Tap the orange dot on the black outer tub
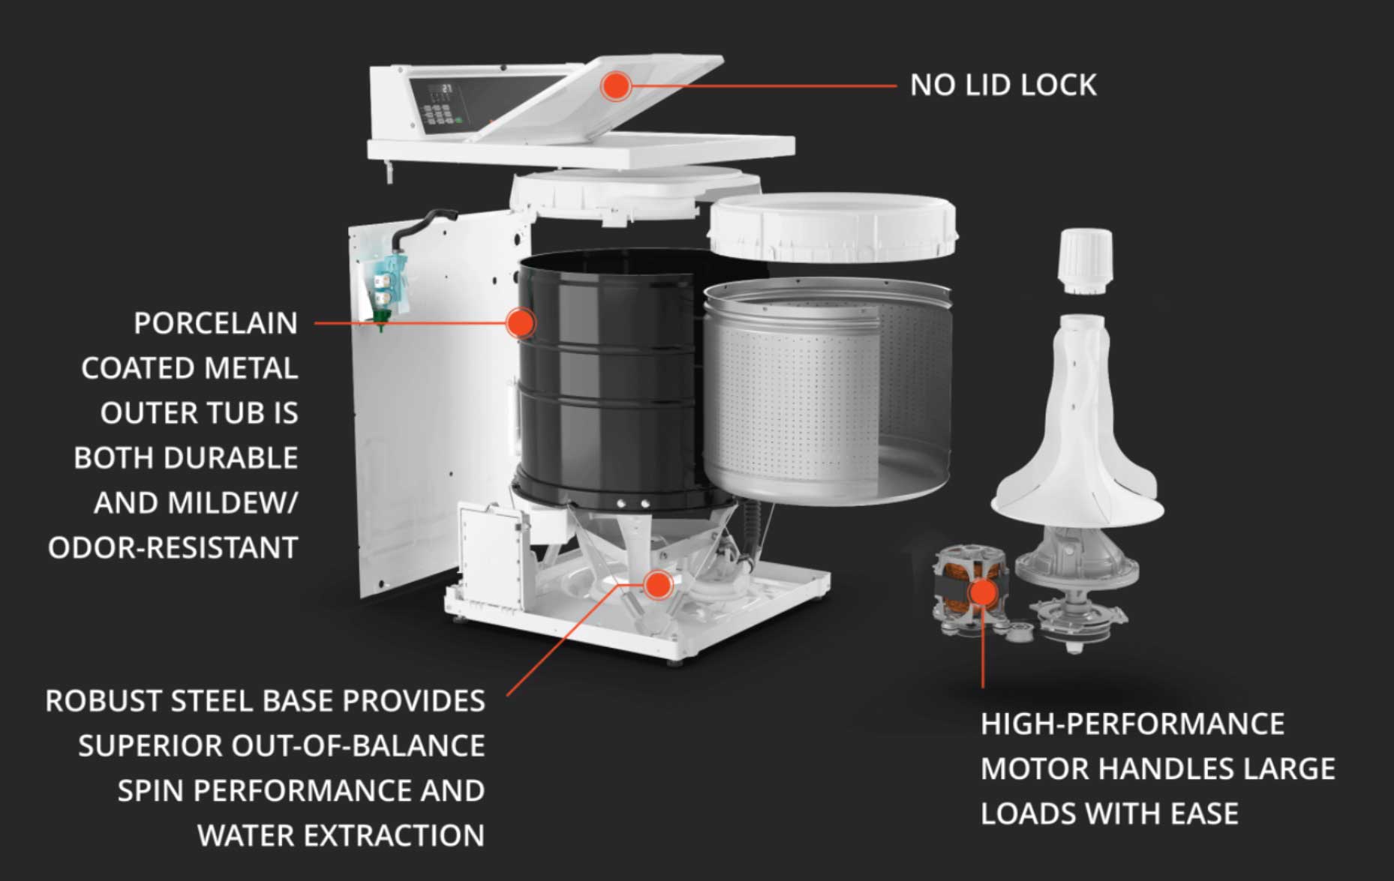(x=519, y=323)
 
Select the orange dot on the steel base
(x=658, y=584)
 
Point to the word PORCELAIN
(x=215, y=323)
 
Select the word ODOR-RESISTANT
(x=173, y=548)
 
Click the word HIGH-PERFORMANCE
(x=1132, y=724)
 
